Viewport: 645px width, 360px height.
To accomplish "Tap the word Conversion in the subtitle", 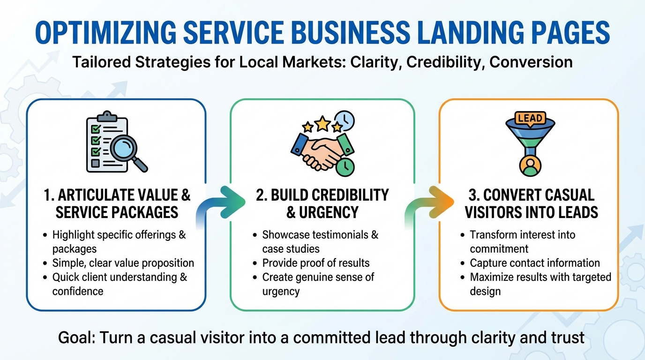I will pos(531,62).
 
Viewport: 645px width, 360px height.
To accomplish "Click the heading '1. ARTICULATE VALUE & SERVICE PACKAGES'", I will pos(117,203).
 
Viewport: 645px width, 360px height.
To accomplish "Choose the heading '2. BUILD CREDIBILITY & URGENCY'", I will pos(322,203).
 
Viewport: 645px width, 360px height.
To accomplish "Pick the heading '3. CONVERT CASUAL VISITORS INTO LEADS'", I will pos(531,203).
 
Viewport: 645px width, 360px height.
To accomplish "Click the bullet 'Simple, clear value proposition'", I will pos(123,263).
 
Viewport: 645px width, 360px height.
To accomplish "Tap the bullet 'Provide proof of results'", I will pos(315,263).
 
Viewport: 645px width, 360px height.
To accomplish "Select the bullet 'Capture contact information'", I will pos(534,263).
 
